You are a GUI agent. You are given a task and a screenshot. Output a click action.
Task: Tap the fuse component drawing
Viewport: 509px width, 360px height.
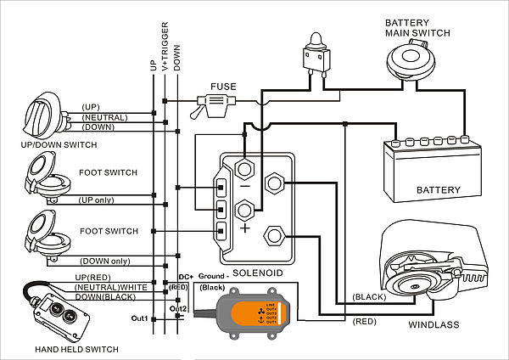(x=216, y=105)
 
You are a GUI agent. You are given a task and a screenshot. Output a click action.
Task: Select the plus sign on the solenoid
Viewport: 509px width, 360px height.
(x=246, y=228)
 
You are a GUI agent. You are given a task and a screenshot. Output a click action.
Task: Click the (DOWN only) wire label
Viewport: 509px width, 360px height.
(x=105, y=261)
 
